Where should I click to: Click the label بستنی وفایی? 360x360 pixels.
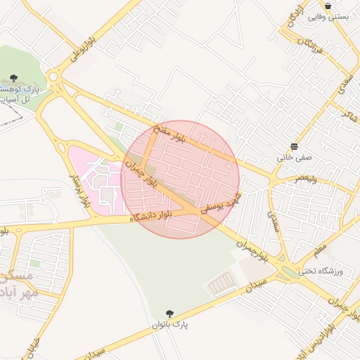tap(328, 17)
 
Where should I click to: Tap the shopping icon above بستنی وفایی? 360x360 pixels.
tap(328, 6)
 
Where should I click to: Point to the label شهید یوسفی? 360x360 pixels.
tap(221, 200)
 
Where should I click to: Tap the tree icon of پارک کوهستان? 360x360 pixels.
tap(13, 79)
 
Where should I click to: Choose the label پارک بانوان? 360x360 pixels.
tap(170, 325)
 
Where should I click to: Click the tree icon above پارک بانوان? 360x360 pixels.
tap(169, 314)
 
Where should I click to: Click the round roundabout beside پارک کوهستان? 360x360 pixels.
tap(53, 77)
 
